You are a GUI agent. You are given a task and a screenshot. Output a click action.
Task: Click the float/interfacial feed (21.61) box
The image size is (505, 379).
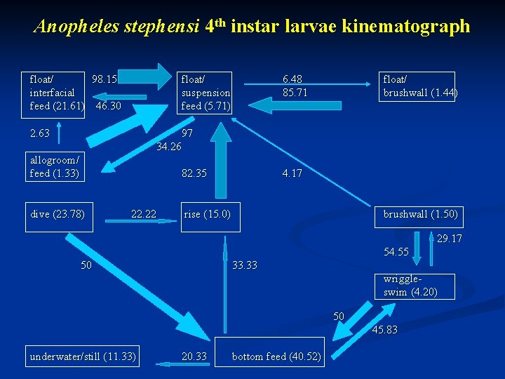pyautogui.click(x=54, y=92)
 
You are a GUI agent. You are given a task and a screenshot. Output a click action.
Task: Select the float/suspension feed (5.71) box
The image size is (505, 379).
pyautogui.click(x=206, y=92)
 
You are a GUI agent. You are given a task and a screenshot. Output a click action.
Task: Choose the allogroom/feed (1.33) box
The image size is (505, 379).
pyautogui.click(x=54, y=166)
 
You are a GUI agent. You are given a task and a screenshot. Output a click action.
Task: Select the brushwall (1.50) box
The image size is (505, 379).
pyautogui.click(x=419, y=214)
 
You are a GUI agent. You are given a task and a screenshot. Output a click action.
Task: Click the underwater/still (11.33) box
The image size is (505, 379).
pyautogui.click(x=83, y=357)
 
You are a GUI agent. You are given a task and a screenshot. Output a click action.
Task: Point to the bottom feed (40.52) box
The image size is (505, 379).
pyautogui.click(x=276, y=357)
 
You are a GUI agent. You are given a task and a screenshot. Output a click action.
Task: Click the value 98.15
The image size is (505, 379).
pyautogui.click(x=105, y=79)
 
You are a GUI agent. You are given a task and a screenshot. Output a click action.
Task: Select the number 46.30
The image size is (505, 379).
pyautogui.click(x=108, y=106)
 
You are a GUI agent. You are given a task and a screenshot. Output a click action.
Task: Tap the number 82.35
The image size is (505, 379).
pyautogui.click(x=194, y=173)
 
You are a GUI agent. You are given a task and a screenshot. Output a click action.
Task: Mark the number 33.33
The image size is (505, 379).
pyautogui.click(x=245, y=265)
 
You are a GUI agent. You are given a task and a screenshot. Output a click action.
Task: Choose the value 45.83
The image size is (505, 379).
pyautogui.click(x=384, y=329)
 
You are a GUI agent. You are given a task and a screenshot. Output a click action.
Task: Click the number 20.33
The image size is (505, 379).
pyautogui.click(x=194, y=357)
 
